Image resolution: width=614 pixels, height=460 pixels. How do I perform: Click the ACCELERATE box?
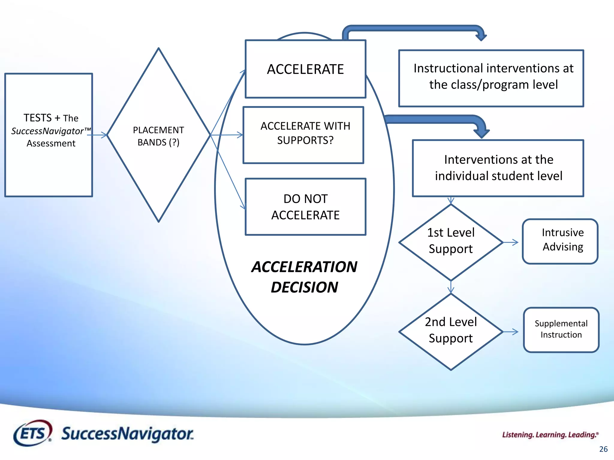point(305,69)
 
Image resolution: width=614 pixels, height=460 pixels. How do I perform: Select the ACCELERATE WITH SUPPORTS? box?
point(303,135)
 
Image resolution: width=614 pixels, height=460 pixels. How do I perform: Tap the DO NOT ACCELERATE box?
point(305,207)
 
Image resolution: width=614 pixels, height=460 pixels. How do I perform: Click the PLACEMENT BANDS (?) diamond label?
point(158,136)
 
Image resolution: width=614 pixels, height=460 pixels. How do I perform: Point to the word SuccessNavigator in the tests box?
point(47,131)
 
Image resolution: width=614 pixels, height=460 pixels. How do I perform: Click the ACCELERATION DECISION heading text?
point(304,277)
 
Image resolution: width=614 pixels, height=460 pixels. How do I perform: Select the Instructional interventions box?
point(491,78)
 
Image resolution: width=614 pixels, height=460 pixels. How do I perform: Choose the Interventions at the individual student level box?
point(498,168)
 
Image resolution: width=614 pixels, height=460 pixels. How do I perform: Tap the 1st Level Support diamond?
point(451,241)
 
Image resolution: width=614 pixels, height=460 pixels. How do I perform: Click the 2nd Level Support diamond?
point(451,331)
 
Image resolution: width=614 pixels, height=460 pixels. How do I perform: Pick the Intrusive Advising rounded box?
point(560,241)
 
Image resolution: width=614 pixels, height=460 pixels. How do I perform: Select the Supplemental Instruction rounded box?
point(561,330)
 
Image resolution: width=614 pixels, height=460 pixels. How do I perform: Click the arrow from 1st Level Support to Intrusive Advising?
point(511,242)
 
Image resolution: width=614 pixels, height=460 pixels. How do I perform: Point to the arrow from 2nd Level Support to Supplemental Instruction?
point(511,332)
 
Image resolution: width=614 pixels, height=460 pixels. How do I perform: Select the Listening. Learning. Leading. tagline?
point(550,435)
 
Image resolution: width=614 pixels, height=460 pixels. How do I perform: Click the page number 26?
point(603,449)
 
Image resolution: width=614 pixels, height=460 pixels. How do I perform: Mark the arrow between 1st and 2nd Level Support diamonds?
point(451,287)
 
